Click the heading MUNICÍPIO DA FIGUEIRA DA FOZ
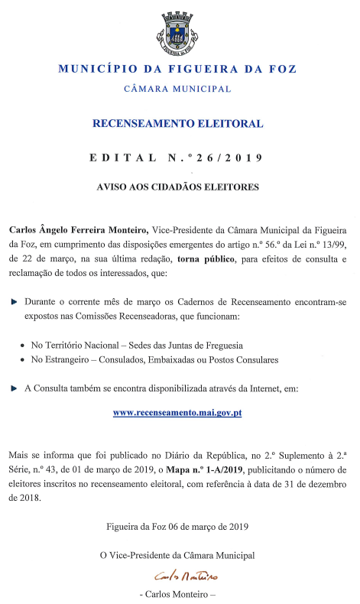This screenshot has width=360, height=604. pos(177,70)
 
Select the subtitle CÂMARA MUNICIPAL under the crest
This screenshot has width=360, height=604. pos(177,89)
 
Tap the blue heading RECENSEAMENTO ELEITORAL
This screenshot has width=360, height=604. pos(177,123)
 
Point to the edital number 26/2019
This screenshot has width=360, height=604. pos(229,158)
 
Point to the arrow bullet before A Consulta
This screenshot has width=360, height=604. pos(14,388)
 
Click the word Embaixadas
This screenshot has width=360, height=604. pos(183,359)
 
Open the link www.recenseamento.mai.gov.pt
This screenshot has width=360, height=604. pos(177,413)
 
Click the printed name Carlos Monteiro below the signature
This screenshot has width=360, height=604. pos(177,593)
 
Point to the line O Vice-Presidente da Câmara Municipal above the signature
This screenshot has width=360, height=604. pos(177,555)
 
